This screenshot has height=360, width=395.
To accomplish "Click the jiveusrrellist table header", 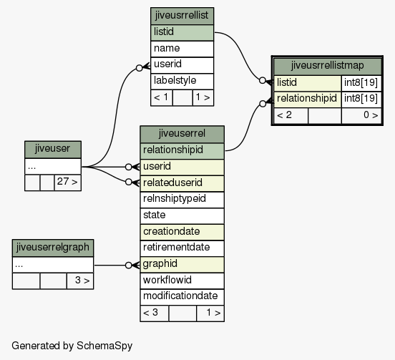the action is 182,16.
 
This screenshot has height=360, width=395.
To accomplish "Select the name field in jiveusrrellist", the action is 182,49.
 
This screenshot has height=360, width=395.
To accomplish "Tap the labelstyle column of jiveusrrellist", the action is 182,81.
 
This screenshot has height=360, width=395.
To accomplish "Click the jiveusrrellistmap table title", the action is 327,66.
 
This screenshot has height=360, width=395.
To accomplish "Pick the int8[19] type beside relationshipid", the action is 361,99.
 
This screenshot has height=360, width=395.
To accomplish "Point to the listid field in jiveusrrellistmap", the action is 307,83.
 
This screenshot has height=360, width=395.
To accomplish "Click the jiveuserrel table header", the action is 182,134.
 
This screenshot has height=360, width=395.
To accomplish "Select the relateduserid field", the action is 182,183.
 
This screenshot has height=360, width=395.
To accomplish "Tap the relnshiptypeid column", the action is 182,199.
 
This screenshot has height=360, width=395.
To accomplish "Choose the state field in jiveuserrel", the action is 182,215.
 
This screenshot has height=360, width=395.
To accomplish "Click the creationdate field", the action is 182,232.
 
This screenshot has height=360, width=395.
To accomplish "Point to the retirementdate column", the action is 182,248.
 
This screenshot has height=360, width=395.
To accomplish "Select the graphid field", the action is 182,264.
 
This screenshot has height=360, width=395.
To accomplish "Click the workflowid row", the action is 182,281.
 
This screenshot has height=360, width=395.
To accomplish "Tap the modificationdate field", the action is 182,297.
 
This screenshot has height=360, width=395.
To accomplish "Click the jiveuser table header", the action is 53,149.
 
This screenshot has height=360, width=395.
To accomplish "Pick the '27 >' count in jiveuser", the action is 67,182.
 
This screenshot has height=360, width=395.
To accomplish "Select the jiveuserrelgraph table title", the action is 53,248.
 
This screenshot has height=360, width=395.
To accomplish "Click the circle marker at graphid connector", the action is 129,266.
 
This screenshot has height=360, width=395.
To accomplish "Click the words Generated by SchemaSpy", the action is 72,346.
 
